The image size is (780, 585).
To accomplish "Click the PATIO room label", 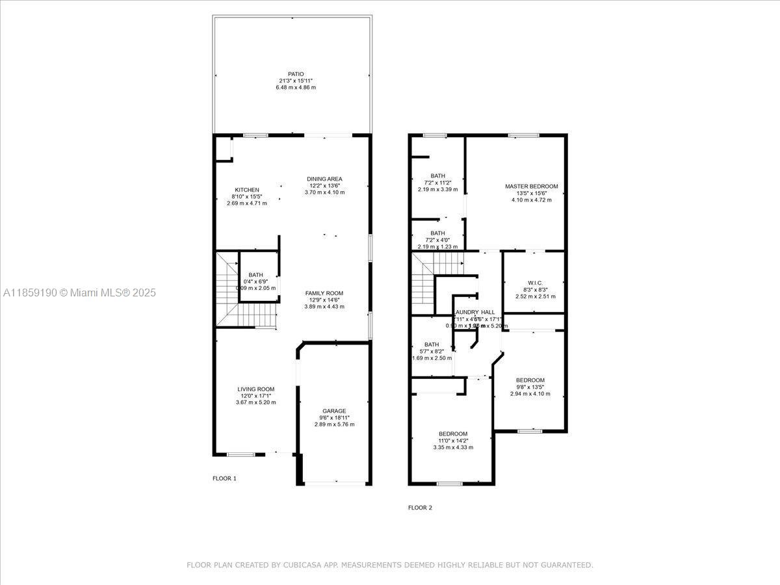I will (x=296, y=74).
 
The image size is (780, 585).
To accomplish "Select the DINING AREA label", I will (x=324, y=179).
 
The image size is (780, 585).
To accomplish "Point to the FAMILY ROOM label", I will (x=324, y=293).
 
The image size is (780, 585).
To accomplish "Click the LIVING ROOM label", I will (x=255, y=389).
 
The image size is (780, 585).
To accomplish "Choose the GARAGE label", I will (x=334, y=411).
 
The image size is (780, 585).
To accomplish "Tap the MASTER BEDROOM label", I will (x=531, y=187).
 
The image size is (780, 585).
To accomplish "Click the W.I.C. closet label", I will (x=535, y=283).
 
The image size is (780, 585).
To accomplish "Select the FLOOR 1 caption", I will (x=224, y=478).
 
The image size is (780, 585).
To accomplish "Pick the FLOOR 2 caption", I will (x=420, y=508).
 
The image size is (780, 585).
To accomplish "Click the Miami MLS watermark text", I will (x=79, y=293).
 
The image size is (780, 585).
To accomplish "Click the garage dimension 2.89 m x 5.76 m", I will (x=334, y=424).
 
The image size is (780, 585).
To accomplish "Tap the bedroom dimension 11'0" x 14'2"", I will (x=453, y=441).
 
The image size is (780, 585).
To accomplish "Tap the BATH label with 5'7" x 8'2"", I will (x=432, y=344).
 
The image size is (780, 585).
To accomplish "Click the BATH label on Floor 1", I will (x=255, y=275).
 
